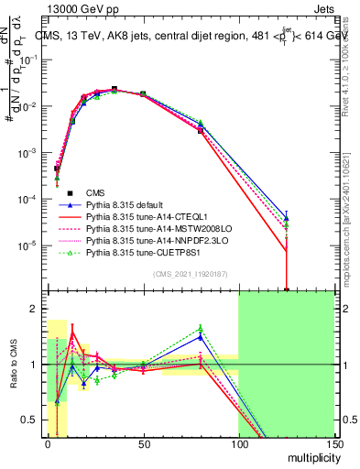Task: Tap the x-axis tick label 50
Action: point(142,444)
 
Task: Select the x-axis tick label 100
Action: point(238,444)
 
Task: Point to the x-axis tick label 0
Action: point(47,444)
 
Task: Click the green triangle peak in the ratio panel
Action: point(200,328)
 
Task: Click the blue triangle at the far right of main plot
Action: point(286,216)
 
